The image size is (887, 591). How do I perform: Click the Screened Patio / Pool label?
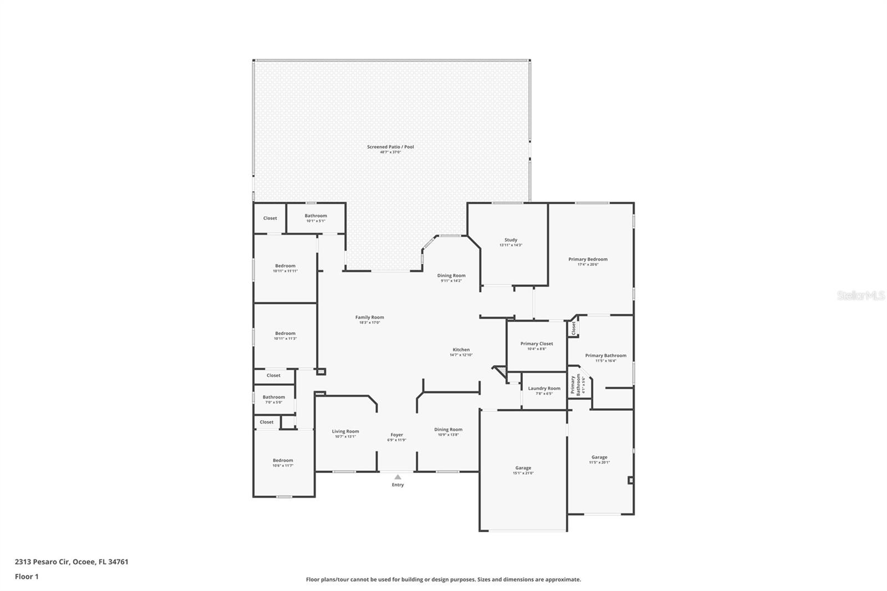[x=390, y=147]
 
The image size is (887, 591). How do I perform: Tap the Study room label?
[x=511, y=240]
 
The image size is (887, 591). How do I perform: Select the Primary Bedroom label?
[x=588, y=259]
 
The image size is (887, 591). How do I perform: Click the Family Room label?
[x=369, y=318]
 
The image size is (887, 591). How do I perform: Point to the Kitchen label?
[x=461, y=350]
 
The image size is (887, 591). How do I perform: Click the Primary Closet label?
[x=536, y=344]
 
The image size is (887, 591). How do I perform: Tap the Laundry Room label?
[x=544, y=389]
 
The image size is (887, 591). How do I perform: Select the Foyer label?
[x=396, y=435]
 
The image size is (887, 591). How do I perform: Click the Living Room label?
[x=345, y=431]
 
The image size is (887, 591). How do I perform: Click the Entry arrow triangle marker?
[x=397, y=477]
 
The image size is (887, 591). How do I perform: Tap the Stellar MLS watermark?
[x=860, y=296]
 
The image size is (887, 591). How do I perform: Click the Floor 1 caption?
[x=27, y=577]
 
